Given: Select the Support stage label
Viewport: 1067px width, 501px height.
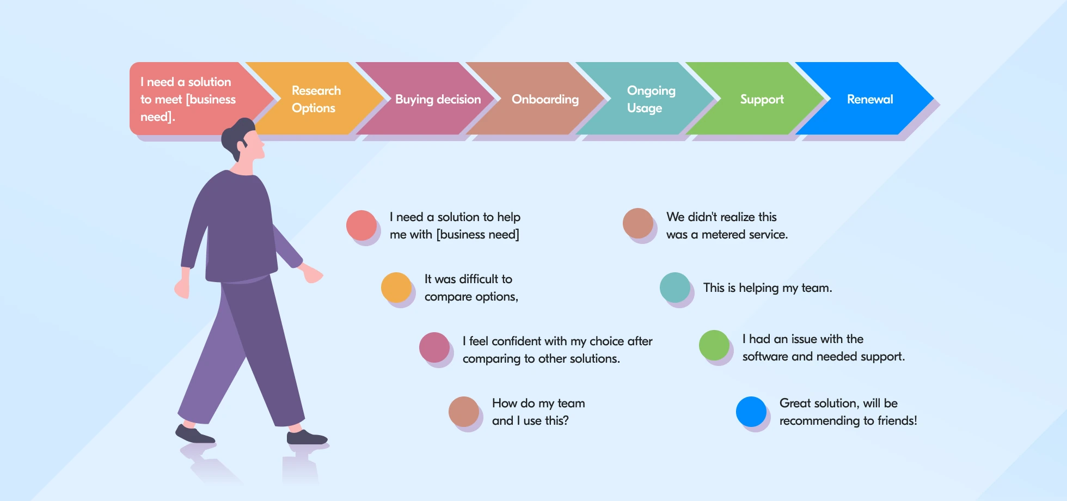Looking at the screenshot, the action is (x=762, y=100).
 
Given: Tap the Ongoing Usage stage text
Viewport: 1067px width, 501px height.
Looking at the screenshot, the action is (x=651, y=99).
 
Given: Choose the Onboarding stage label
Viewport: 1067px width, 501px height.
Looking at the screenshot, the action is (x=545, y=100).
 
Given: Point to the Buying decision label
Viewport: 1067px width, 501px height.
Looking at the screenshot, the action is (x=438, y=100).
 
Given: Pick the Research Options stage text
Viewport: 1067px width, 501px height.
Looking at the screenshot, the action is (x=316, y=99).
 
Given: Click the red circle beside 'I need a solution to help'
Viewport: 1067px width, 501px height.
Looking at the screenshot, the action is (x=361, y=225).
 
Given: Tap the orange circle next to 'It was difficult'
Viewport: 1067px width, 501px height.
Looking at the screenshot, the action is (x=396, y=288).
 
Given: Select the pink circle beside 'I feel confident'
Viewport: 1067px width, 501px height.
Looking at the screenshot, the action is (x=434, y=347).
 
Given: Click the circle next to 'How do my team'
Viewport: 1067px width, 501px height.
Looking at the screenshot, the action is (x=464, y=412).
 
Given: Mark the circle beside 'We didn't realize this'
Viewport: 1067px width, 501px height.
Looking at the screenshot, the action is (x=638, y=223).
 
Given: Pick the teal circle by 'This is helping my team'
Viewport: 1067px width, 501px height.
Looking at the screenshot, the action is (x=675, y=288).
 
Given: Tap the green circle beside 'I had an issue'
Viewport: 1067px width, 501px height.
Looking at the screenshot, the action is (x=714, y=345).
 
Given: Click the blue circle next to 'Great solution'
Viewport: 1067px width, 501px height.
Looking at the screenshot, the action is (x=751, y=412).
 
